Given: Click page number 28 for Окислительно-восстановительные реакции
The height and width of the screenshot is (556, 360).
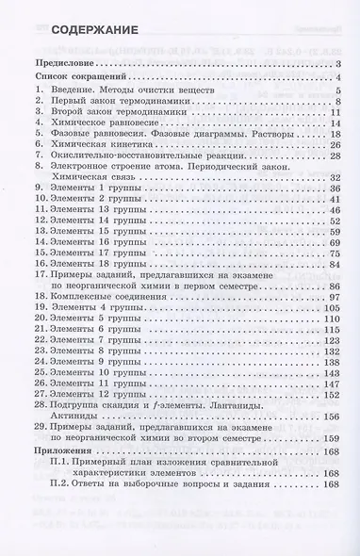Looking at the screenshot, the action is click(334, 173).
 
